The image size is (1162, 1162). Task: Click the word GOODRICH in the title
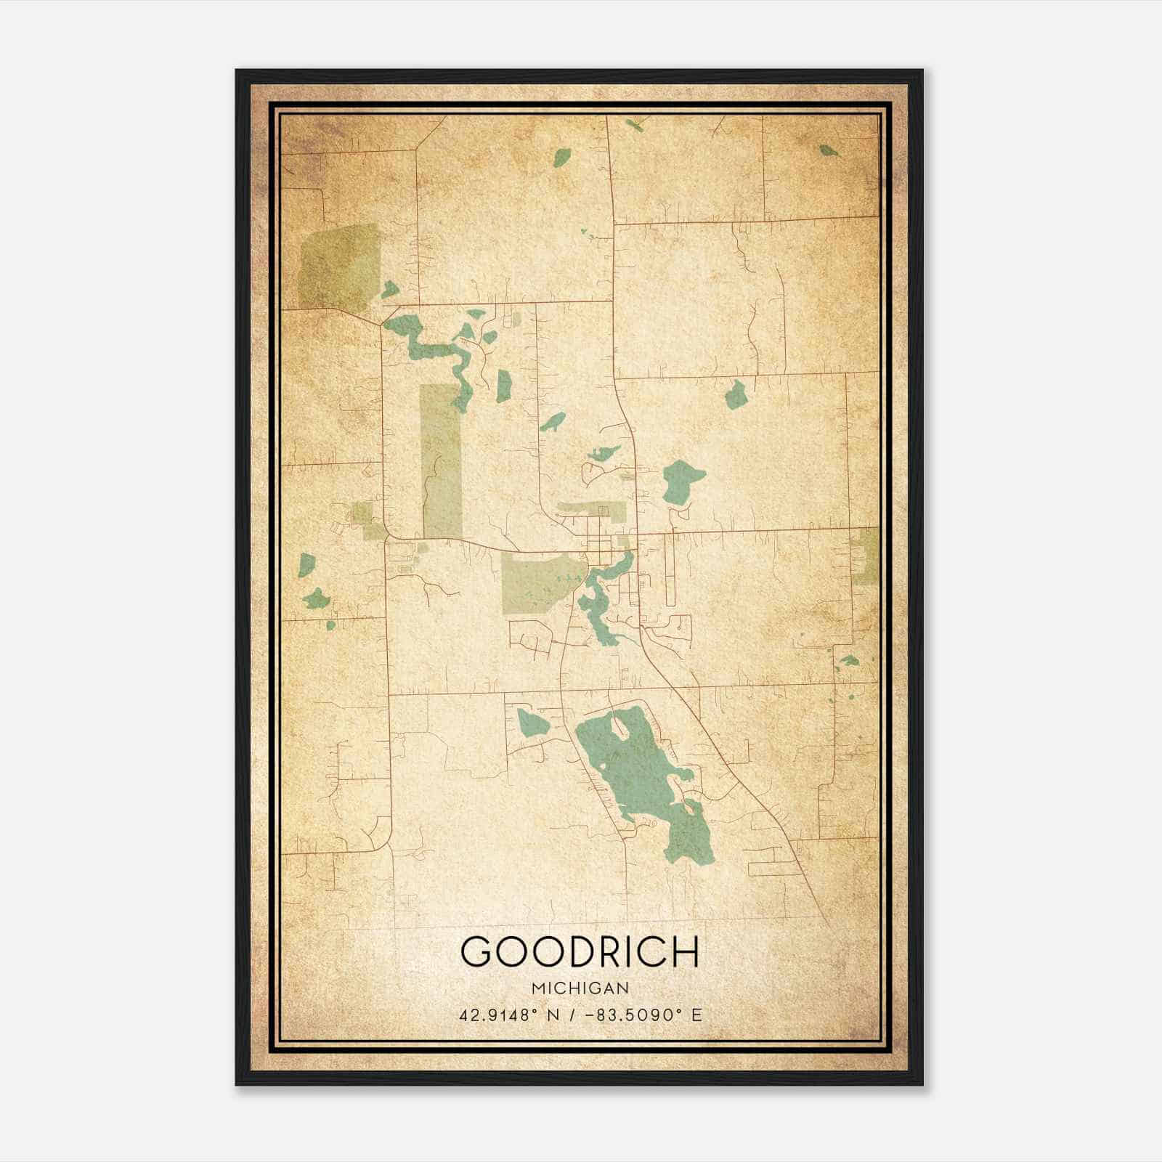[x=580, y=951]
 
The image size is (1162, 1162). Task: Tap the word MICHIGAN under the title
[x=580, y=988]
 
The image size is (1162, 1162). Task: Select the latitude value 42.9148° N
[x=508, y=1015]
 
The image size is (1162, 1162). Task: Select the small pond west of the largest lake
[x=534, y=723]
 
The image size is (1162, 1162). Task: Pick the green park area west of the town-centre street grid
[x=537, y=581]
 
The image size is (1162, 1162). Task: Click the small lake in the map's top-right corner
[x=828, y=151]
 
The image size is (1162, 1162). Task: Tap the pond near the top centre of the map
[x=561, y=157]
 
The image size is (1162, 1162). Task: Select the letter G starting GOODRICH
[x=478, y=951]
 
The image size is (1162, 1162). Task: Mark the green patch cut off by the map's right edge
[x=868, y=556]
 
